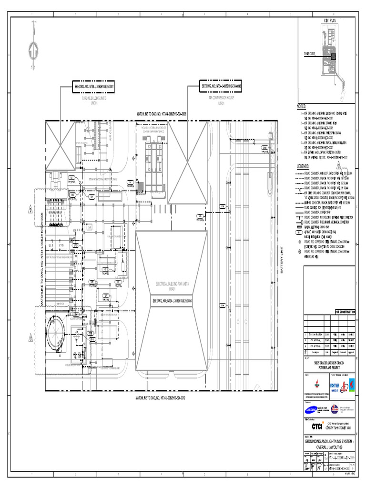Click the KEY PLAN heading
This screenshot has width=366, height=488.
coord(330,21)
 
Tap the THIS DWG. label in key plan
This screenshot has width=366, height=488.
coord(310,55)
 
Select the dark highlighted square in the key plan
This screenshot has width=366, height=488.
coord(333,56)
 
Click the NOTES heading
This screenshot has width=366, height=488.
coord(302,107)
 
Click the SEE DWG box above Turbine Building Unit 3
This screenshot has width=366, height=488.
coord(93,86)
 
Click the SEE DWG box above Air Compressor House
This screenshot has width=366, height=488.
coord(221,86)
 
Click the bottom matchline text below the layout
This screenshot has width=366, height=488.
coord(160,397)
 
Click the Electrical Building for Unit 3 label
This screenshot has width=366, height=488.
coord(172,285)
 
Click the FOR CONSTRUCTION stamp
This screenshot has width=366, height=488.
coord(345,311)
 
